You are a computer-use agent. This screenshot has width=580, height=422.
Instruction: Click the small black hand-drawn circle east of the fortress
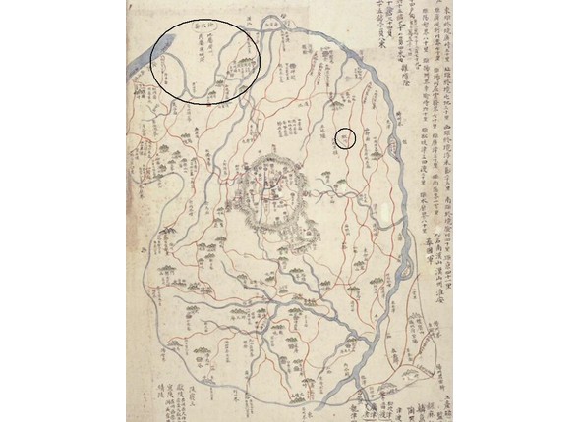pyautogui.click(x=345, y=137)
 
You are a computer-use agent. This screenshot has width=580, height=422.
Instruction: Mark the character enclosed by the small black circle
pyautogui.click(x=345, y=137)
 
